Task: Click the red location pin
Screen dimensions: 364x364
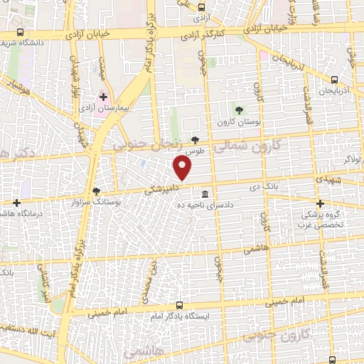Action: pos(183,168)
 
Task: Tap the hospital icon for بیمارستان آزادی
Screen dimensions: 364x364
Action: pos(103,97)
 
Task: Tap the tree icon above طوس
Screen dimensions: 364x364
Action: pos(196,140)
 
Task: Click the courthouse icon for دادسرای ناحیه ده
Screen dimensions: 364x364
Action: pos(205,194)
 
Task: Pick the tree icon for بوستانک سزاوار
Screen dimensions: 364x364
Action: pos(97,191)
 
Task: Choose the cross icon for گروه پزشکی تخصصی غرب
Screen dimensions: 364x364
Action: pos(319,203)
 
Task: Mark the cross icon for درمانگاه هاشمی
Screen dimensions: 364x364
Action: pos(16,203)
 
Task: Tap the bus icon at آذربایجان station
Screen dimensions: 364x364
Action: pos(334,81)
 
